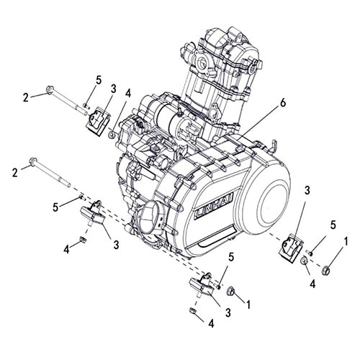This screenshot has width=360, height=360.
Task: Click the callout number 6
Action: [x=283, y=104]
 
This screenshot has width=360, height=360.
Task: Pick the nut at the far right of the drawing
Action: [x=326, y=271]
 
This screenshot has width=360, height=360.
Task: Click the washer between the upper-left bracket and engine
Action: [x=113, y=134]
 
